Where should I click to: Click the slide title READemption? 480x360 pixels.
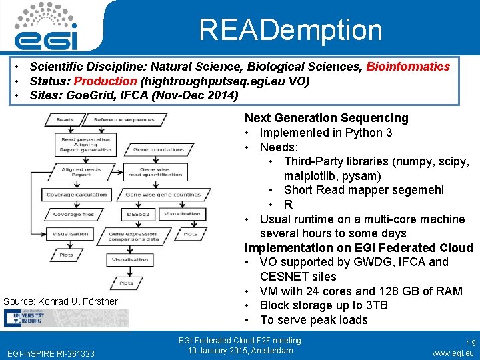291,30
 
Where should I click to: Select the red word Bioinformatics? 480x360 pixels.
408,67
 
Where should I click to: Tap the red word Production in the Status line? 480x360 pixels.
105,81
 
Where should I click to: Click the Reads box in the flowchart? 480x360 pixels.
65,120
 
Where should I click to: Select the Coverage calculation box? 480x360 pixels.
76,195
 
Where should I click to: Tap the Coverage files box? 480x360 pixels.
73,215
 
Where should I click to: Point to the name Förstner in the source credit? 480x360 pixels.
100,301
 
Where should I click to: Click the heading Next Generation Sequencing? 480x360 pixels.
326,118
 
